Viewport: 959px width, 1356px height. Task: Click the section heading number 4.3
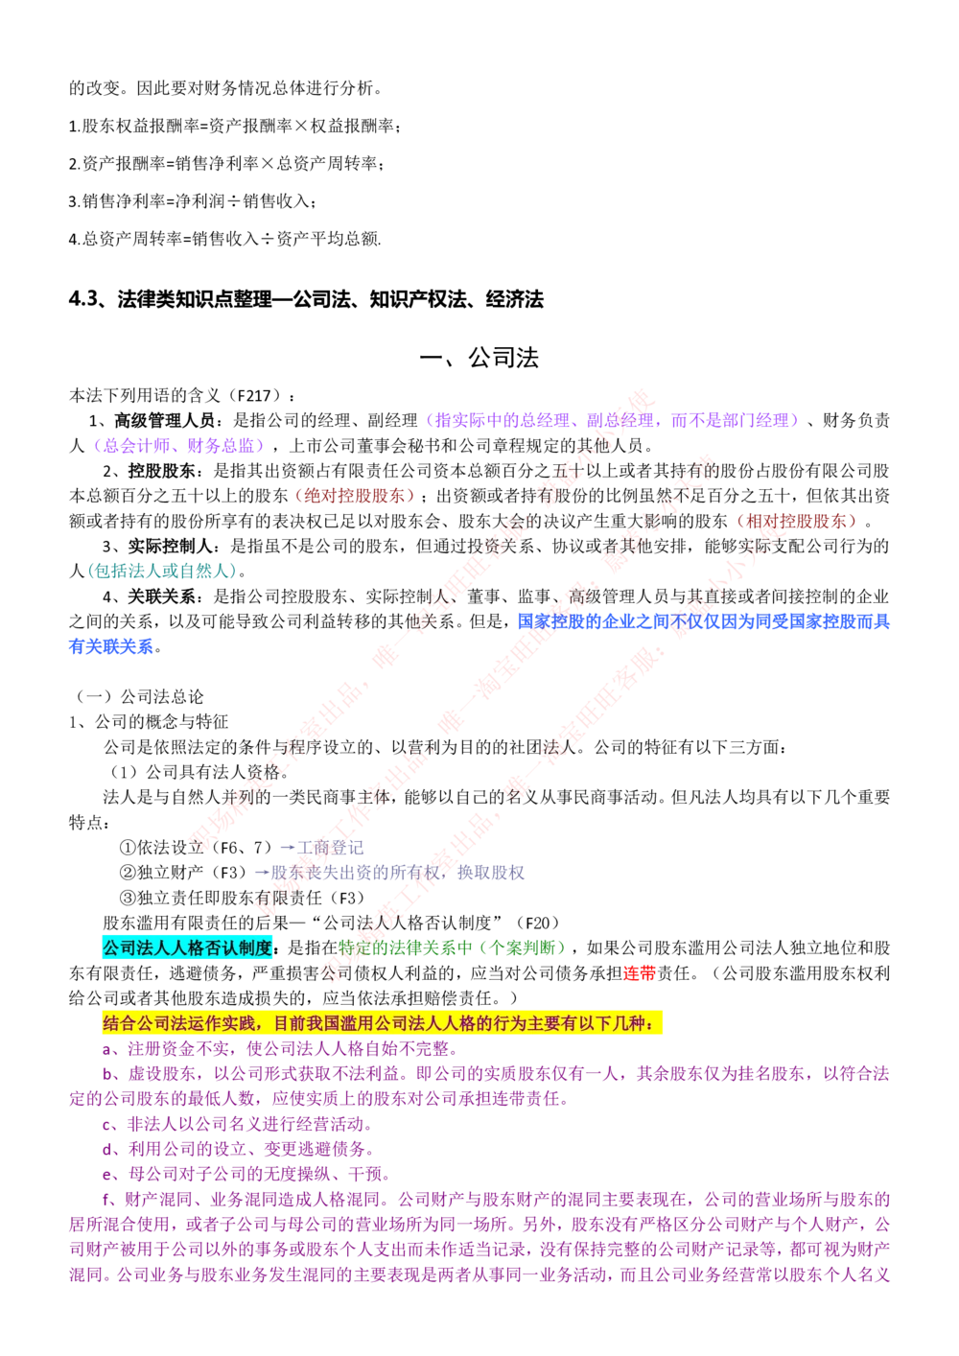click(x=82, y=299)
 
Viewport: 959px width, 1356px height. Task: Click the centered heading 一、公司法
click(x=479, y=358)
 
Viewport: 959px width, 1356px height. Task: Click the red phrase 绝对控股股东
click(x=354, y=496)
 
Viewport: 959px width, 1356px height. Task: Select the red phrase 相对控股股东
click(x=796, y=521)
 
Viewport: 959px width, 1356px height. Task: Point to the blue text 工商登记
click(x=330, y=848)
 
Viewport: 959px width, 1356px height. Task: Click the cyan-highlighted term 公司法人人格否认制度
click(x=187, y=948)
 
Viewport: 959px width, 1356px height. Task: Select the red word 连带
click(x=640, y=973)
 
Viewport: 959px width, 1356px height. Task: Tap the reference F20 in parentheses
click(x=537, y=923)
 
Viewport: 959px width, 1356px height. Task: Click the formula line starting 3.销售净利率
click(x=193, y=201)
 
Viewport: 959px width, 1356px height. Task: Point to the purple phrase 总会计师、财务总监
click(x=178, y=446)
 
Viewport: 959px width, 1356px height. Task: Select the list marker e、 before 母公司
click(x=114, y=1175)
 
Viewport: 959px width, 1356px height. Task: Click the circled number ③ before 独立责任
click(x=128, y=898)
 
